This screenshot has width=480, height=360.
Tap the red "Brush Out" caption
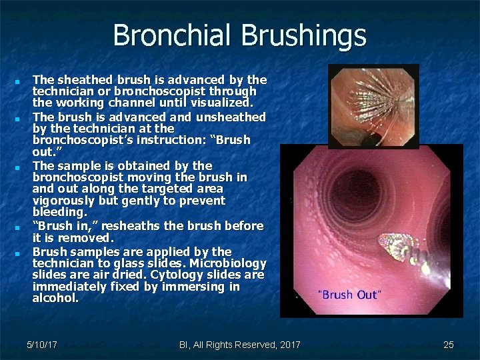tap(350, 295)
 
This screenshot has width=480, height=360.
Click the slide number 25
tap(449, 345)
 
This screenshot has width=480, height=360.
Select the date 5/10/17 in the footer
tap(41, 345)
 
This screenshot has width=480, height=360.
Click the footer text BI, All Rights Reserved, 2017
tap(240, 345)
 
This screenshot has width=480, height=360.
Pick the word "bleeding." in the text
tap(59, 212)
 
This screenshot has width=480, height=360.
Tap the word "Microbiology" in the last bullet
tap(229, 264)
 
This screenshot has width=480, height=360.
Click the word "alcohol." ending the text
tap(55, 299)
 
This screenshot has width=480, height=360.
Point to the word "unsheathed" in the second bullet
tap(231, 117)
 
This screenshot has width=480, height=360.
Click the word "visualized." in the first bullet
tap(220, 103)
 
